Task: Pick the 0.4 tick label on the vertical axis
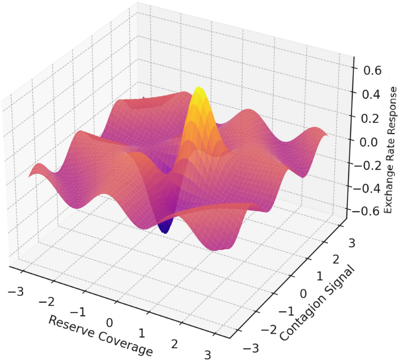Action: [370, 94]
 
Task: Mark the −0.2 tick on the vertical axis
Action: [366, 165]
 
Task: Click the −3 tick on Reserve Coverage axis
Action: [16, 292]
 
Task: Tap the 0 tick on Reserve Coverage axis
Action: [109, 322]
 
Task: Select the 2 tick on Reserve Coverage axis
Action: [175, 344]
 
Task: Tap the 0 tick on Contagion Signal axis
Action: [303, 294]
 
